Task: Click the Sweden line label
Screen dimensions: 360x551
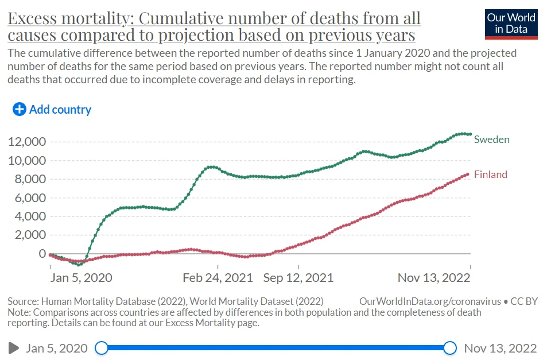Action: coord(491,140)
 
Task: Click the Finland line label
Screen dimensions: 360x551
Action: coord(490,175)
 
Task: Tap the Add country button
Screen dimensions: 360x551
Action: coord(52,109)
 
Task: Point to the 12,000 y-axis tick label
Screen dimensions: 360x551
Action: coord(28,142)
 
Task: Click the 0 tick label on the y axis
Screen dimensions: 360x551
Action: coord(42,254)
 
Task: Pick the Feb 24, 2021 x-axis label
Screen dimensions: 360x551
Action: coord(218,278)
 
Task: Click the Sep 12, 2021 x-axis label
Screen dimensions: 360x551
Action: coord(298,278)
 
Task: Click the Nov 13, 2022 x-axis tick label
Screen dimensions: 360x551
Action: coord(434,278)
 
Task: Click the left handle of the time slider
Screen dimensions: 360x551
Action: coord(102,348)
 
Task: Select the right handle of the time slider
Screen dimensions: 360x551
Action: coord(450,348)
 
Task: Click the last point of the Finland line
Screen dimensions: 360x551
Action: coord(467,174)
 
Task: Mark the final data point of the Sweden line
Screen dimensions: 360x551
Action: coord(470,134)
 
